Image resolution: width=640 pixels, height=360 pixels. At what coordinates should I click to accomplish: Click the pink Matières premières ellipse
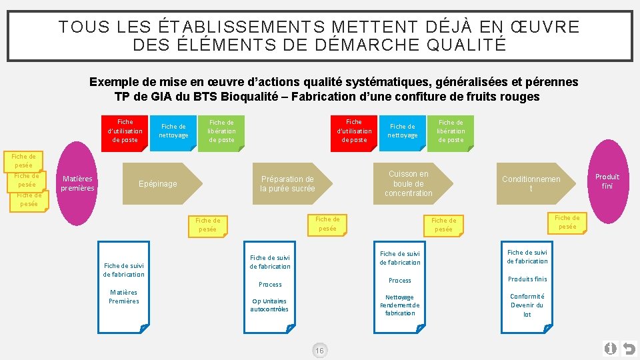77,183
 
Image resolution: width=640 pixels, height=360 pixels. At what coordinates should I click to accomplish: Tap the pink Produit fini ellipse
607,181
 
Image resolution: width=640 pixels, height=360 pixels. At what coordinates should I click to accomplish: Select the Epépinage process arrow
158,184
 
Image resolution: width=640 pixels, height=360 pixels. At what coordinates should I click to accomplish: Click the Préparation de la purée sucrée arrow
287,184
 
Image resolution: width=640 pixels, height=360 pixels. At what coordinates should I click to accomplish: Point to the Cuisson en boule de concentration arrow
408,183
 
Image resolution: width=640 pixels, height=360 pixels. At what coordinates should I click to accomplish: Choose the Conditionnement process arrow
531,184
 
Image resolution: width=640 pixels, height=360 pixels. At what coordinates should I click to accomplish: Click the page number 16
319,351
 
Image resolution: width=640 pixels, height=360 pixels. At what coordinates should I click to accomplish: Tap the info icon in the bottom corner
610,349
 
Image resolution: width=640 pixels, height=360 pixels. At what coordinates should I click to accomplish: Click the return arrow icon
628,349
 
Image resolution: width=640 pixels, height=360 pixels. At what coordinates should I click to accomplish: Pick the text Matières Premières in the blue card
124,297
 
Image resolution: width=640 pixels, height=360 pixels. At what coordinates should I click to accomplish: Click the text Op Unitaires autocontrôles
269,305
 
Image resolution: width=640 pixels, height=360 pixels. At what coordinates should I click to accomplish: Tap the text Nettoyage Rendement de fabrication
400,305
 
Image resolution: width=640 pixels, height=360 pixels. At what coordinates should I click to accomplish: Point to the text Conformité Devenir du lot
527,305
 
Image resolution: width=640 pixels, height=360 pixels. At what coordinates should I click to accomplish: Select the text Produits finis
527,279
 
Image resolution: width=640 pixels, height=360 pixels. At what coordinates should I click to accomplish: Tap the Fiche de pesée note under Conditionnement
567,222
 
